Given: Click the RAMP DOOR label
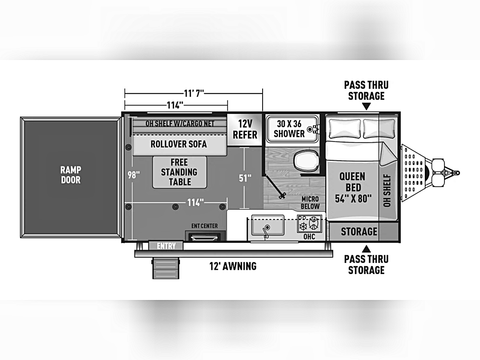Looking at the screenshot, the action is click(71, 175).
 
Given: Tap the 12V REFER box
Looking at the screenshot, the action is click(245, 129).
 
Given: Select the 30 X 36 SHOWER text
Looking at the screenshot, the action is click(289, 129).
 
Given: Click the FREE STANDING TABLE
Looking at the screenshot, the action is click(180, 172).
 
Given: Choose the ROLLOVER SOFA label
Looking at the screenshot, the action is click(179, 144).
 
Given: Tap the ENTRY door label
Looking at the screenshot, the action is click(166, 246).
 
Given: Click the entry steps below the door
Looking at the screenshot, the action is click(166, 268).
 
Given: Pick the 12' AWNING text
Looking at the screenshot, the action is click(233, 266).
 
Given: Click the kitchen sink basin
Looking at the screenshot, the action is click(267, 225).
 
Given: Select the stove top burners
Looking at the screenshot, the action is click(310, 224).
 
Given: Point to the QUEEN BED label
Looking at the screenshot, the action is click(353, 187).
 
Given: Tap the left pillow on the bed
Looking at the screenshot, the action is click(345, 128).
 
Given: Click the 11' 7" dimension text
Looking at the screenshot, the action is click(194, 93).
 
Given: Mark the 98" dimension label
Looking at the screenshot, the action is click(134, 175).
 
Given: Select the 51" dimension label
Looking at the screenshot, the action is click(245, 178).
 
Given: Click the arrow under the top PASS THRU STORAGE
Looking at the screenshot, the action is click(366, 106).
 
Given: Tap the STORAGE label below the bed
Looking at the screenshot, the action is click(359, 231).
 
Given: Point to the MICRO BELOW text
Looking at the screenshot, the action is click(310, 203).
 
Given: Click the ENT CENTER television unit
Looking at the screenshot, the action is click(205, 236).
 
